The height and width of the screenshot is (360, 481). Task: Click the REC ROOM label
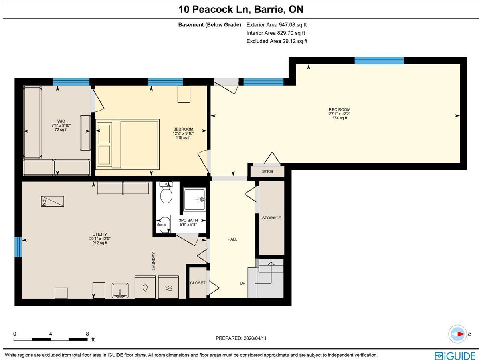[340, 109]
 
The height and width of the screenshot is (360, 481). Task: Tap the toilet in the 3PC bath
[166, 192]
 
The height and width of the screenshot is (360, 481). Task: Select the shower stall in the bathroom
[194, 199]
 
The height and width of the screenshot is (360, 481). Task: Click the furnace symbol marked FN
[53, 201]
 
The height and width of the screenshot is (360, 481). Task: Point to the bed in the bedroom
[127, 145]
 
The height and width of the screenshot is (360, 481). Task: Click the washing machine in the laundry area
[145, 287]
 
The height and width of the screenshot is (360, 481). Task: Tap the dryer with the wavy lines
[168, 287]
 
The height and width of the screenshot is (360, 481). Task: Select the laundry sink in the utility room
[120, 290]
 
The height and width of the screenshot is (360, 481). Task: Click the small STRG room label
[267, 171]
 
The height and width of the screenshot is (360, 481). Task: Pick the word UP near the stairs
[243, 283]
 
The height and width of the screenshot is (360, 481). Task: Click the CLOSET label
[198, 283]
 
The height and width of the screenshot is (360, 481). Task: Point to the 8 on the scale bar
[87, 334]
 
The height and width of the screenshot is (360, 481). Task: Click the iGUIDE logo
[455, 356]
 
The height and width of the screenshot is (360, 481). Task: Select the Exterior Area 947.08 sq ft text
[277, 25]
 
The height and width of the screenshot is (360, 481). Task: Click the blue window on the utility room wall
[18, 247]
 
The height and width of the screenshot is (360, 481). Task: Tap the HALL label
[232, 239]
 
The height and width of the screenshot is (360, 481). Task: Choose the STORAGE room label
[271, 218]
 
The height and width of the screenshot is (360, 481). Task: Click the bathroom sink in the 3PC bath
[163, 224]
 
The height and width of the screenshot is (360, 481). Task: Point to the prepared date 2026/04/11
[255, 338]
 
